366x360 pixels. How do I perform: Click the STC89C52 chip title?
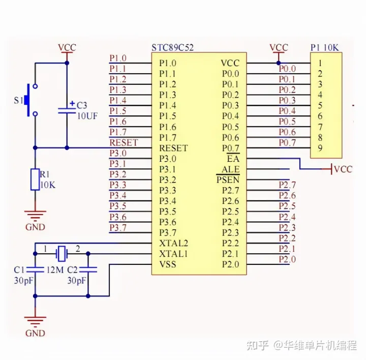172,48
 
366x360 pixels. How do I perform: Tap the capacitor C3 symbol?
67,109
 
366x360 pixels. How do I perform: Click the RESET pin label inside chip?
173,148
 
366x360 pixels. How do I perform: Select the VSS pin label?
169,264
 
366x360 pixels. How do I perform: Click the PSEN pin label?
228,179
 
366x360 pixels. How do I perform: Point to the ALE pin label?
230,169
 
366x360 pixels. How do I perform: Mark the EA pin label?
233,159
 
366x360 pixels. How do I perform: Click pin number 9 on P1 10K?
320,148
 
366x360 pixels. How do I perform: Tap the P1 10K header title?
325,48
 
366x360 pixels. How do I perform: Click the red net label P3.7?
118,227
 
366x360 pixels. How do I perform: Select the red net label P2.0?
287,259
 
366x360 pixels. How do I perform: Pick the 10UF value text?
87,115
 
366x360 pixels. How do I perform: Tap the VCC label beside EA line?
344,169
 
